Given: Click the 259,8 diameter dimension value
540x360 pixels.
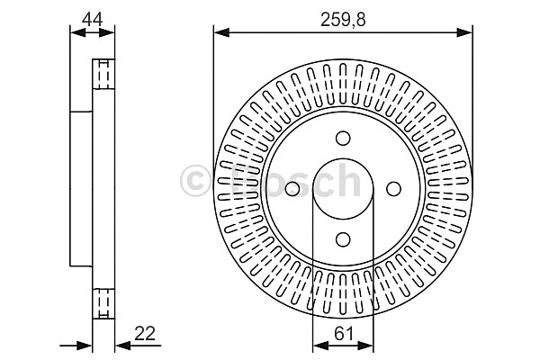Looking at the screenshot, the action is pyautogui.click(x=343, y=20).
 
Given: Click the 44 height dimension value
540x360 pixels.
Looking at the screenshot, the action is pyautogui.click(x=92, y=20).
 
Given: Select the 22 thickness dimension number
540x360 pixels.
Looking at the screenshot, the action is pyautogui.click(x=145, y=334).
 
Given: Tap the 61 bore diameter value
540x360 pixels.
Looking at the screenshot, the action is pyautogui.click(x=344, y=334).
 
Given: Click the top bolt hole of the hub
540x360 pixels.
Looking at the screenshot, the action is pyautogui.click(x=343, y=138).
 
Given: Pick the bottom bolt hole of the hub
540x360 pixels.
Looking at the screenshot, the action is pyautogui.click(x=343, y=239).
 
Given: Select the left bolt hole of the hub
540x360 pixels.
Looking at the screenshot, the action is pyautogui.click(x=292, y=188).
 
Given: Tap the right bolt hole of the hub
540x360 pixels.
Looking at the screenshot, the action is pyautogui.click(x=393, y=188).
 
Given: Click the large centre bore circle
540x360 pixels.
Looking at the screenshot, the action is pyautogui.click(x=343, y=158).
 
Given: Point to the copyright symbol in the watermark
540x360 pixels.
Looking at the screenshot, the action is pyautogui.click(x=195, y=181).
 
